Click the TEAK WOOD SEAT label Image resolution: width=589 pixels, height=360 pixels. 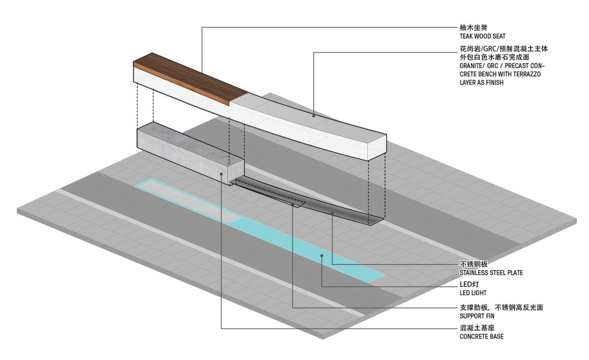pyautogui.click(x=482, y=37)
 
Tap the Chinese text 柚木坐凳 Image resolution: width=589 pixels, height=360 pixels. pyautogui.click(x=473, y=27)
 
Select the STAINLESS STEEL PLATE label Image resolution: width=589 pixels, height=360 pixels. pyautogui.click(x=491, y=273)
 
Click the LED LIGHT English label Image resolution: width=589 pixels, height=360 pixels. pyautogui.click(x=473, y=293)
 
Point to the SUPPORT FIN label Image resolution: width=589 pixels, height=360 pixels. pyautogui.click(x=477, y=316)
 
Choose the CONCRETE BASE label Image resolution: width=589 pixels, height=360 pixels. pyautogui.click(x=481, y=337)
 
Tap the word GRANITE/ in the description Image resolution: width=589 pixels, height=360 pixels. pyautogui.click(x=470, y=66)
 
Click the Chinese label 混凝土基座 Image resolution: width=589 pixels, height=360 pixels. pyautogui.click(x=477, y=328)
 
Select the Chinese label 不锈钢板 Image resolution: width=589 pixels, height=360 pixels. pyautogui.click(x=474, y=264)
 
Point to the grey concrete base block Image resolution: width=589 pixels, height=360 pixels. pyautogui.click(x=190, y=152)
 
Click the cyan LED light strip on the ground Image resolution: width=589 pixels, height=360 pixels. pyautogui.click(x=259, y=229)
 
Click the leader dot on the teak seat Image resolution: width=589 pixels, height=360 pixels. pyautogui.click(x=202, y=80)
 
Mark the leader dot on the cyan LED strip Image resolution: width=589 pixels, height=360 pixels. pyautogui.click(x=322, y=256)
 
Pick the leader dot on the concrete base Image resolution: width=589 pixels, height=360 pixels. pyautogui.click(x=221, y=174)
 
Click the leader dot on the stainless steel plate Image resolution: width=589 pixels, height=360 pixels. pyautogui.click(x=332, y=213)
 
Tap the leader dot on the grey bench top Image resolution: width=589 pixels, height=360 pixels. pyautogui.click(x=314, y=116)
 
